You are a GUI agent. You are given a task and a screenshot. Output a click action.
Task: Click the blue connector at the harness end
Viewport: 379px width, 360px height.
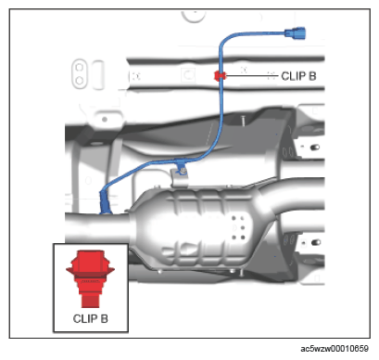[x=295, y=33]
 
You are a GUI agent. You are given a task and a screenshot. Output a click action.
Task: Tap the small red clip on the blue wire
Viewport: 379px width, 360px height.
[x=220, y=75]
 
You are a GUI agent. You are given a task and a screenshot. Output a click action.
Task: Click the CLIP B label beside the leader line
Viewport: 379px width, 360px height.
[x=298, y=76]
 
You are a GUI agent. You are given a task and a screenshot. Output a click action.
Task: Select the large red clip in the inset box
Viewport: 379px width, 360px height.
[x=90, y=278]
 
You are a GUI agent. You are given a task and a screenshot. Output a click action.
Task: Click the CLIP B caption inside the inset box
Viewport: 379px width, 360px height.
[x=91, y=319]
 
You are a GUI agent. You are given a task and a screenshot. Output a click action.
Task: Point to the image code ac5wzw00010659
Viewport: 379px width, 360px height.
[x=335, y=349]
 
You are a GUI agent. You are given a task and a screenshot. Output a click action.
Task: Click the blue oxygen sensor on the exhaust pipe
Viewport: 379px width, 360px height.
[x=105, y=202]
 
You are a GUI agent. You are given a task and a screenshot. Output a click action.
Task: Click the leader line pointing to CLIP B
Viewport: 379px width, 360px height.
[x=252, y=75]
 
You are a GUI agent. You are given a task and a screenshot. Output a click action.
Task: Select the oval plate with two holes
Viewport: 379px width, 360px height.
[x=80, y=73]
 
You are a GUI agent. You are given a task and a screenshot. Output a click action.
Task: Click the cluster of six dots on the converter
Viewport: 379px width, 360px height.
[x=238, y=228]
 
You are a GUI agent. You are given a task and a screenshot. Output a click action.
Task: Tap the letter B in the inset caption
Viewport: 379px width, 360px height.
[x=105, y=319]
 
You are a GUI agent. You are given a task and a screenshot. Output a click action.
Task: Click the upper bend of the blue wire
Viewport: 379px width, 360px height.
[x=223, y=40]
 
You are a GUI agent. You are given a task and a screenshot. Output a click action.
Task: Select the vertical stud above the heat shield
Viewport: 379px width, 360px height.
[x=243, y=120]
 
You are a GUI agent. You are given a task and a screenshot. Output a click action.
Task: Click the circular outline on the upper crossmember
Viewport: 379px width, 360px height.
[x=188, y=74]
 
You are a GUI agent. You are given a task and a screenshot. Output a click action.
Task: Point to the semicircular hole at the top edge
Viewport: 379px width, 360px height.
[x=194, y=17]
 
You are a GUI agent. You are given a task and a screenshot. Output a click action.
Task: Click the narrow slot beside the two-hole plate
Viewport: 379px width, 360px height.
[x=98, y=75]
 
